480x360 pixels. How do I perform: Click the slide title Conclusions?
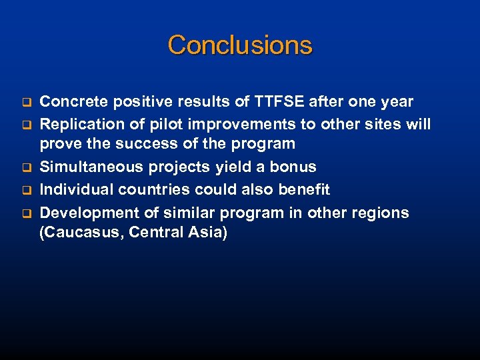pyautogui.click(x=240, y=45)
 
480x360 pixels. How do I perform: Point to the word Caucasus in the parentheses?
pyautogui.click(x=81, y=233)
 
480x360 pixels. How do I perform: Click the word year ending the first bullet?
pyautogui.click(x=396, y=102)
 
